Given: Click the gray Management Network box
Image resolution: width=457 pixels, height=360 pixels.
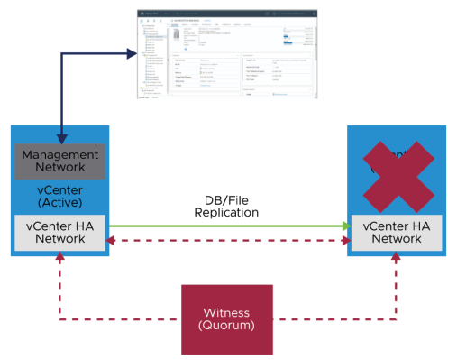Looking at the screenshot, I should pyautogui.click(x=59, y=162).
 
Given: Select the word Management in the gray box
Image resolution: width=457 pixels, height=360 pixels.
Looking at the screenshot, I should pyautogui.click(x=59, y=154).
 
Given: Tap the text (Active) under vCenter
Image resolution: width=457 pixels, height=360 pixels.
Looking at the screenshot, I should pyautogui.click(x=59, y=204).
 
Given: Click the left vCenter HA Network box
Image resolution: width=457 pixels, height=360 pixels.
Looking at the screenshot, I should pyautogui.click(x=59, y=232).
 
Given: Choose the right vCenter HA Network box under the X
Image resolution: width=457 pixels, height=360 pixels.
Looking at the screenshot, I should pyautogui.click(x=395, y=232).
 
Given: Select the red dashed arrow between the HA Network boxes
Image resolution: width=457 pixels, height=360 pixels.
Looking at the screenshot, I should pyautogui.click(x=225, y=241).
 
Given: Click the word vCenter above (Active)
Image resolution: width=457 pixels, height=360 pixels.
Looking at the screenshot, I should pyautogui.click(x=59, y=189).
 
